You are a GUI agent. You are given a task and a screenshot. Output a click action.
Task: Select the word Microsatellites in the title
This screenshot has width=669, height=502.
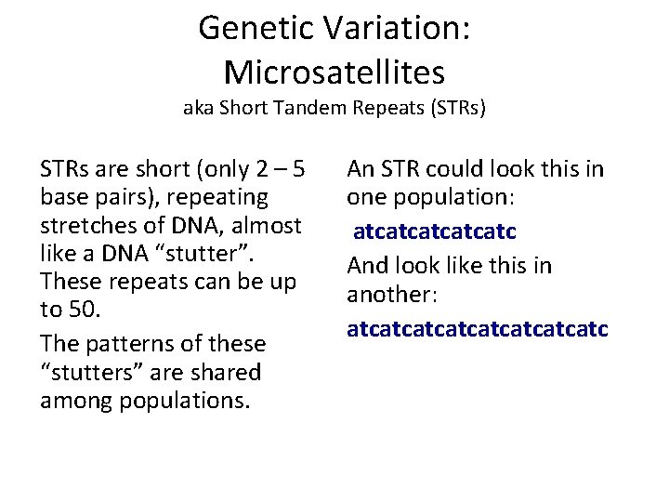tap(334, 71)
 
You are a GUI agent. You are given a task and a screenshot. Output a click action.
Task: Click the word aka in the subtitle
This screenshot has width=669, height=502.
tap(197, 108)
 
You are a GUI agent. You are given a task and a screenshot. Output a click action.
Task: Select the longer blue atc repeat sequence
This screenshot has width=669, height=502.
tap(477, 329)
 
